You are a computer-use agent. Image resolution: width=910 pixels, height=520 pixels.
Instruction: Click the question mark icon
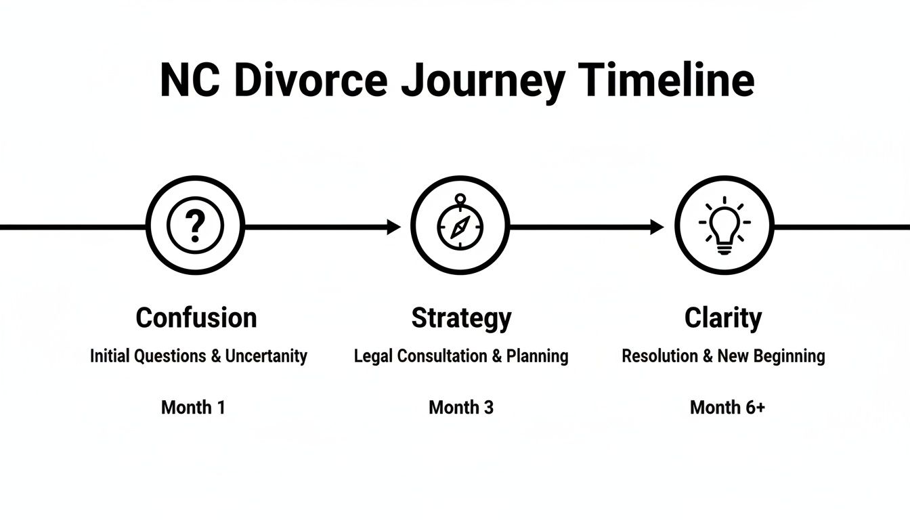pyautogui.click(x=195, y=226)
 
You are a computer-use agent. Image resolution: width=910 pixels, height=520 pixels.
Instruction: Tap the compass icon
pyautogui.click(x=460, y=226)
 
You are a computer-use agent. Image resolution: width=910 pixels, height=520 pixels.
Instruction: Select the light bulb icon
pyautogui.click(x=724, y=226)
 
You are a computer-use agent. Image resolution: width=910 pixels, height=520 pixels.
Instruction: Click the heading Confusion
pyautogui.click(x=196, y=318)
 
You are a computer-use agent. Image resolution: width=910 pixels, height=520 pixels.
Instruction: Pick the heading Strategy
pyautogui.click(x=461, y=318)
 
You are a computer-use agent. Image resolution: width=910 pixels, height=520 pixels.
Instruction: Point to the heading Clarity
pyautogui.click(x=723, y=318)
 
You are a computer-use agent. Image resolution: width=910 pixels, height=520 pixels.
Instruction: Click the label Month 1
pyautogui.click(x=193, y=408)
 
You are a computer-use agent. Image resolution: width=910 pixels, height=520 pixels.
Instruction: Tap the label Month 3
pyautogui.click(x=461, y=408)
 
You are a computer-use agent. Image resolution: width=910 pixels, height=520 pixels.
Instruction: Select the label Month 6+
pyautogui.click(x=727, y=408)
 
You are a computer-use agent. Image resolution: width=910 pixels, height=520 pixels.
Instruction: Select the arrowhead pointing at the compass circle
pyautogui.click(x=394, y=227)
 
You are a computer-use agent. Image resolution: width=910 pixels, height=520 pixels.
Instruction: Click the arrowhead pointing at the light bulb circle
pyautogui.click(x=657, y=227)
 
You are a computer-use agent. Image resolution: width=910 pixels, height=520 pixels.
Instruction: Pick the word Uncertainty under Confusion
pyautogui.click(x=266, y=356)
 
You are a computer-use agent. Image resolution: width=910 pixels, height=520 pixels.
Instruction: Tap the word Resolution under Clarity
pyautogui.click(x=662, y=356)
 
